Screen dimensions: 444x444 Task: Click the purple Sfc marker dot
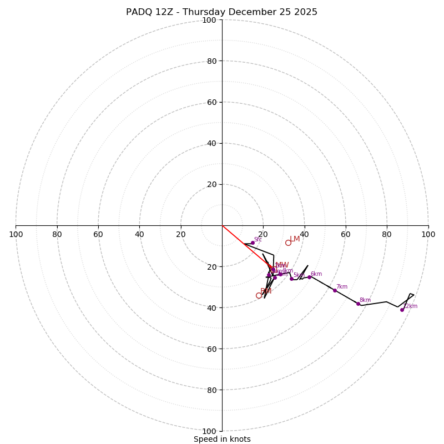point(253,243)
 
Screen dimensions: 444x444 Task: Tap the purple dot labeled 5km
point(291,279)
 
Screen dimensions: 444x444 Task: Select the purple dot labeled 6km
point(309,277)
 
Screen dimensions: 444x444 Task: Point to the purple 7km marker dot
point(335,290)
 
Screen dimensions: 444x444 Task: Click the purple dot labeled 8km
point(358,304)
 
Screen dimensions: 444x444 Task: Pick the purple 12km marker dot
point(402,310)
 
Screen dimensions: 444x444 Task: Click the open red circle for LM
point(288,243)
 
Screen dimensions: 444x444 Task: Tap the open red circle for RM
point(259,295)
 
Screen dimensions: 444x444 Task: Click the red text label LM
point(295,239)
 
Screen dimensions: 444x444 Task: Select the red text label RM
point(266,291)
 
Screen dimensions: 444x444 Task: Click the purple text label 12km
point(410,306)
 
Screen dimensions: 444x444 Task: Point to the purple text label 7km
point(342,287)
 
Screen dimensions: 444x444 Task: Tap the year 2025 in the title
point(303,12)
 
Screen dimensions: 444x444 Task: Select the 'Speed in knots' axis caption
point(222,439)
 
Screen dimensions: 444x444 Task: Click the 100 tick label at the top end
point(209,20)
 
